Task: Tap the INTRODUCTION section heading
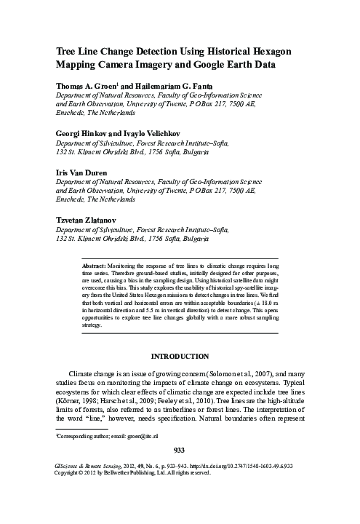coord(180,357)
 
